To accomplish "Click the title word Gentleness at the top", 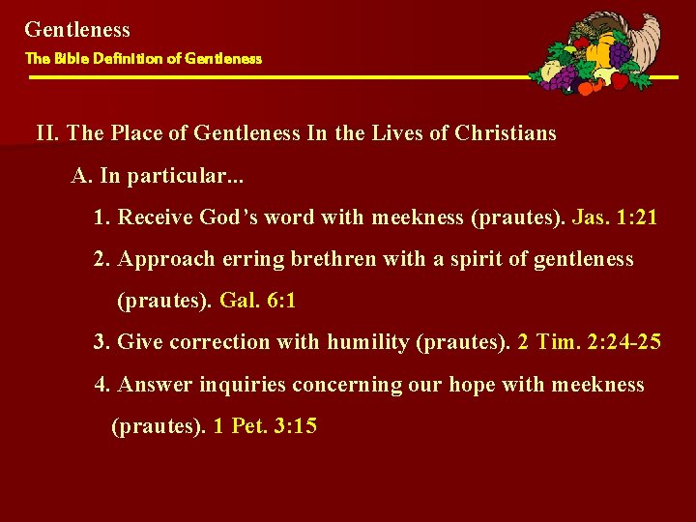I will point(77,30).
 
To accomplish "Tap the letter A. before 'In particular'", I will point(80,176).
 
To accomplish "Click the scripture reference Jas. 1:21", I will point(614,217).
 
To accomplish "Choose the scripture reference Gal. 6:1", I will point(258,301).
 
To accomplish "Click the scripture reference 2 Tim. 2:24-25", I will point(589,342).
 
